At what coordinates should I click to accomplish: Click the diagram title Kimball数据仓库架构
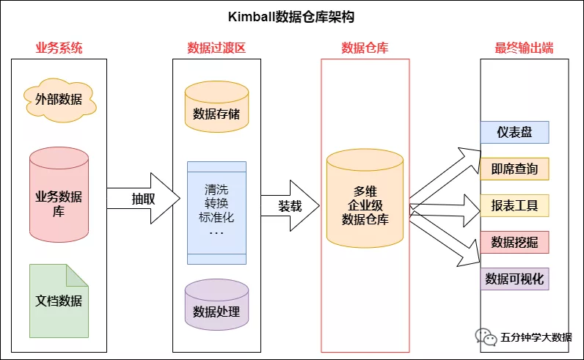click(x=291, y=17)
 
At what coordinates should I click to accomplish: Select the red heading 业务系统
click(x=59, y=48)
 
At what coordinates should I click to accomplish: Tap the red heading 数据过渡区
click(x=216, y=48)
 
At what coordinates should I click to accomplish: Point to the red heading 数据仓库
click(x=365, y=48)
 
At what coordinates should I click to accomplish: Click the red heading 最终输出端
click(x=524, y=48)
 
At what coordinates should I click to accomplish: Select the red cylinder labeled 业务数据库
click(x=59, y=195)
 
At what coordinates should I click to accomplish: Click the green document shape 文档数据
click(x=59, y=301)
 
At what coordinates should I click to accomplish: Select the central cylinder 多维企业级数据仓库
click(x=365, y=198)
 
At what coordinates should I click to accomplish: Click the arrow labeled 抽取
click(x=144, y=199)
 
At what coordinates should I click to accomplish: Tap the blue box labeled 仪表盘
click(x=514, y=133)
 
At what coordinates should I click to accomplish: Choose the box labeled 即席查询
click(x=514, y=169)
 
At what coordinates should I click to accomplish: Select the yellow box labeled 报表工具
click(x=514, y=205)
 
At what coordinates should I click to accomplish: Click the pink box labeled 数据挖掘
click(x=514, y=242)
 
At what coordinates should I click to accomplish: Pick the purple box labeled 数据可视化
click(x=514, y=279)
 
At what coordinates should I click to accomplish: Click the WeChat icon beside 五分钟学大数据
click(x=486, y=337)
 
